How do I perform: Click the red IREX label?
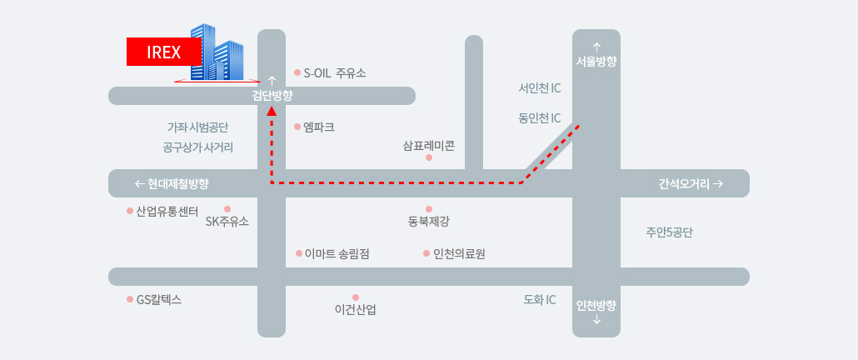163,52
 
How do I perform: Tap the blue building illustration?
217,53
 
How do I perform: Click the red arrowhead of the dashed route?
272,111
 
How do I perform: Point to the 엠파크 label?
318,127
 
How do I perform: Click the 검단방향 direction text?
272,96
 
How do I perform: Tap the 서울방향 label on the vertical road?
596,62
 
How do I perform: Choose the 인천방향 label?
596,305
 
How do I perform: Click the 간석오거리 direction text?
685,184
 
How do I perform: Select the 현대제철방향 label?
178,184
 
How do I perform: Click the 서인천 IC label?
540,88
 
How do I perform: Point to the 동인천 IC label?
540,117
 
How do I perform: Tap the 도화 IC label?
540,299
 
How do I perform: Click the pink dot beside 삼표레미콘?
429,157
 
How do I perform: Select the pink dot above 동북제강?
429,209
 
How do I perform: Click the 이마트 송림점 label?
337,253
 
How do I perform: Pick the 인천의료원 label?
459,253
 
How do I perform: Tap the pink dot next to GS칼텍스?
130,299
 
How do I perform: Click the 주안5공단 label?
669,232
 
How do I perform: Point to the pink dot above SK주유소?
227,209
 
